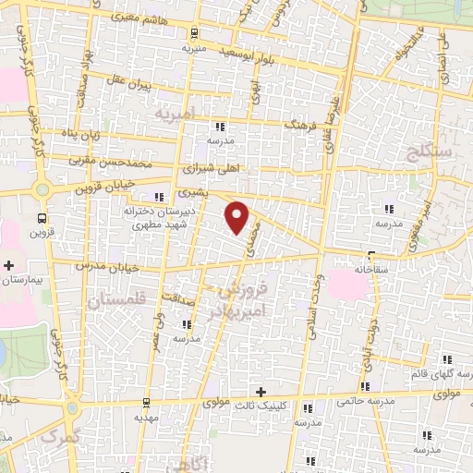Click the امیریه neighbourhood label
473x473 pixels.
pyautogui.click(x=176, y=115)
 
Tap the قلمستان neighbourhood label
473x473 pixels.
pyautogui.click(x=116, y=301)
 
